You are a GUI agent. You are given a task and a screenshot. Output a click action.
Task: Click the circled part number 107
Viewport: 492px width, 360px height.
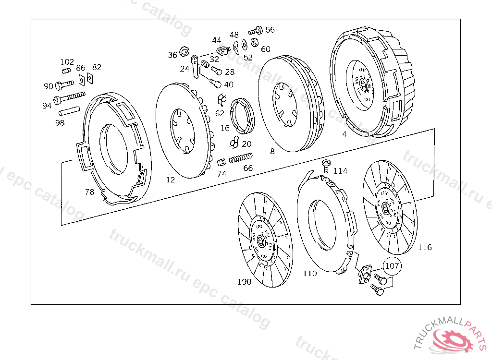(392, 265)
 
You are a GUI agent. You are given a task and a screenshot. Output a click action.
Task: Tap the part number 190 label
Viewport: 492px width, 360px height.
(244, 281)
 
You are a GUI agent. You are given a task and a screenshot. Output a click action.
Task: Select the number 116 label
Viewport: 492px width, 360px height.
(425, 248)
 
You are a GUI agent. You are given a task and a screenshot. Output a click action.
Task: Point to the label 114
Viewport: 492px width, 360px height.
(340, 171)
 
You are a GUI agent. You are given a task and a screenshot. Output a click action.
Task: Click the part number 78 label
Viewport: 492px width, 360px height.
(89, 192)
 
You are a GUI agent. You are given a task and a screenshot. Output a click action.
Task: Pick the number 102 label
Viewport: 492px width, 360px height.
(67, 62)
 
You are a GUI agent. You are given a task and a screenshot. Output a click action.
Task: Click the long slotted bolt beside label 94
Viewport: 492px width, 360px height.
(70, 97)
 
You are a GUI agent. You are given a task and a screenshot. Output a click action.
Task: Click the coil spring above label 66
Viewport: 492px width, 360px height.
(241, 158)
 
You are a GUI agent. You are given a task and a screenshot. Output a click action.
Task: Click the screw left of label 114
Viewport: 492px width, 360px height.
(326, 165)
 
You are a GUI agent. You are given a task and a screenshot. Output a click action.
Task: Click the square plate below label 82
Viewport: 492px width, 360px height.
(90, 77)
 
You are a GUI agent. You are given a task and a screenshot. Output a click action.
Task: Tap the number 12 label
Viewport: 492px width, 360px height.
(171, 180)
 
